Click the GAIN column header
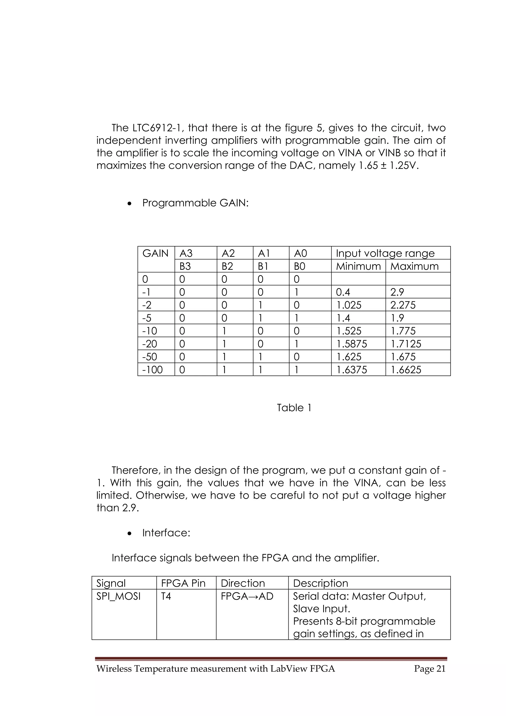pos(155,253)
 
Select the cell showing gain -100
pos(152,370)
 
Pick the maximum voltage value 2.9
pos(397,292)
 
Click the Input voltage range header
pos(385,253)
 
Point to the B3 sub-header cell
pos(185,266)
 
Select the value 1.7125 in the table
pos(406,344)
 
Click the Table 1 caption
pos(294,408)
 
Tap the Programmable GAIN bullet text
pos(195,203)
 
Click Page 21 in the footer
pos(430,669)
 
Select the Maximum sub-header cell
pos(414,266)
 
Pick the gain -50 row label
pos(150,357)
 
